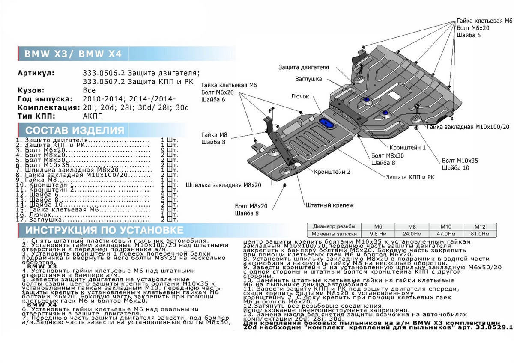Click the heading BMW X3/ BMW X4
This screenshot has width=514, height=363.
(x=73, y=54)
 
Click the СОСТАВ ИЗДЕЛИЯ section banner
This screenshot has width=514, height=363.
(x=75, y=130)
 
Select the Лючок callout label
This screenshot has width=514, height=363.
(x=299, y=97)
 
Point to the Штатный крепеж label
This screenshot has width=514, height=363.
(x=330, y=205)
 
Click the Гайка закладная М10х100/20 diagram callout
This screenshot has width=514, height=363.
(x=468, y=127)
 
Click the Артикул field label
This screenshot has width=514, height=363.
(x=36, y=73)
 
